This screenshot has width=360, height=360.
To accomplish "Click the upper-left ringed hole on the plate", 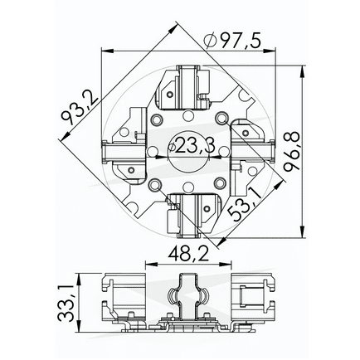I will coord(156,120).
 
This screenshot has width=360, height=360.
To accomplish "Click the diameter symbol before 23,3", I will coord(171,148).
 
